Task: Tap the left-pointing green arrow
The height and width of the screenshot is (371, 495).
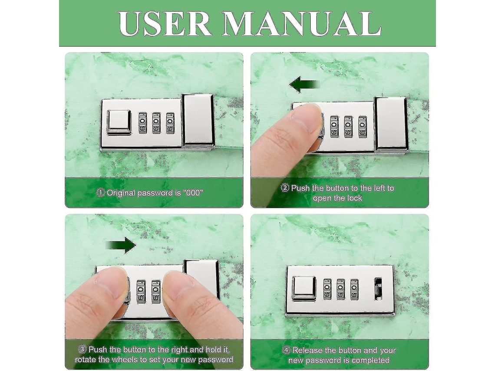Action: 305,85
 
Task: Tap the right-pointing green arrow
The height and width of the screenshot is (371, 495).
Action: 121,245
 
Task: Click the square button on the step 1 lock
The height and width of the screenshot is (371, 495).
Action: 119,122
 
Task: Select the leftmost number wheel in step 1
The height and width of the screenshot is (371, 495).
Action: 143,123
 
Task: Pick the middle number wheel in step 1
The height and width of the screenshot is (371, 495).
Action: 156,123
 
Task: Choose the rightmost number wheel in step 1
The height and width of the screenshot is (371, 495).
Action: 170,123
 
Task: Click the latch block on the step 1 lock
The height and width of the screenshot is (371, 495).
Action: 198,121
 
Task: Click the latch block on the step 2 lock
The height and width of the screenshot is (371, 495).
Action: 391,123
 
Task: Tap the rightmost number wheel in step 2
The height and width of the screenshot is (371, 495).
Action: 363,127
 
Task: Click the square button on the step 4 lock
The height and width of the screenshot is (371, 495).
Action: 304,288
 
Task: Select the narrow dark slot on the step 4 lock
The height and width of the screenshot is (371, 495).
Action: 378,289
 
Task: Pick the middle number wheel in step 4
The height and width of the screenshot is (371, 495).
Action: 340,289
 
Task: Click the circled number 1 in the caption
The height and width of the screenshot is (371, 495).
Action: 100,193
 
